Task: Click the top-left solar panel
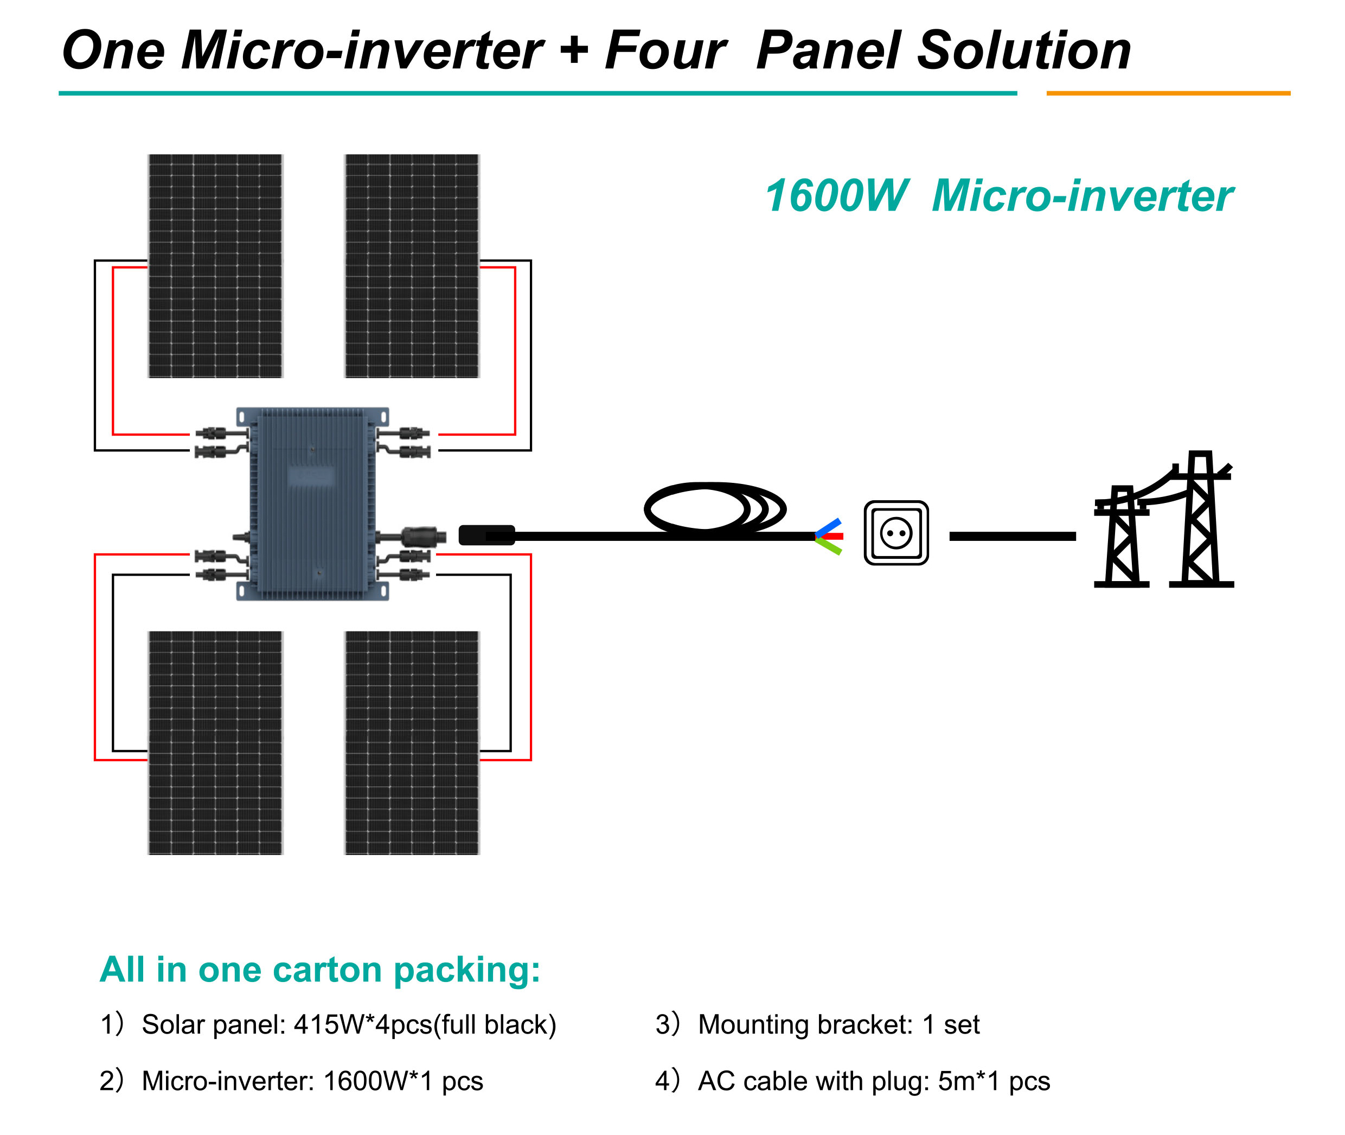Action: tap(215, 266)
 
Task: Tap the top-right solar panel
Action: tap(412, 266)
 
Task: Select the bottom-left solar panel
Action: tap(215, 743)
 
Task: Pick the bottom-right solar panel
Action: tap(412, 743)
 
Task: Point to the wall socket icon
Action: tap(895, 533)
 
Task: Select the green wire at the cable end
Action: tap(830, 546)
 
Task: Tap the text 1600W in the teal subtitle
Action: tap(836, 196)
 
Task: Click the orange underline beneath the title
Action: tap(1168, 93)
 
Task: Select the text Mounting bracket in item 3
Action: tap(805, 1025)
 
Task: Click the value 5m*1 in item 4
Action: tap(969, 1081)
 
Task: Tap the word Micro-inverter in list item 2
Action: tap(227, 1081)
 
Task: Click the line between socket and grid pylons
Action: tap(1012, 536)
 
